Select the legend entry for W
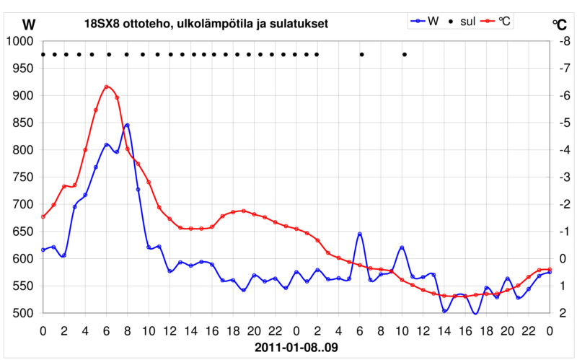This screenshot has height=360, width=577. [426, 22]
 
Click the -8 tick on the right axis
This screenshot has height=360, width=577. [562, 42]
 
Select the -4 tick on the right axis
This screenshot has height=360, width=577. [562, 150]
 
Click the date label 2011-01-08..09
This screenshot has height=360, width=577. [296, 347]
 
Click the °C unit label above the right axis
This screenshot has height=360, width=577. [560, 24]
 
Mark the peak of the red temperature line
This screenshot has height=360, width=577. [107, 87]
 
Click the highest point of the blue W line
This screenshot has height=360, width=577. [128, 125]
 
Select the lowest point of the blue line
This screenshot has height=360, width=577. [475, 313]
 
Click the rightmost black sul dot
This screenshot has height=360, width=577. [404, 54]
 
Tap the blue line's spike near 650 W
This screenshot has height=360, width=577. [360, 234]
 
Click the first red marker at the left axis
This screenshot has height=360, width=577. [43, 216]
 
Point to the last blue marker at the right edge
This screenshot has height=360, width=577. [550, 272]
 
